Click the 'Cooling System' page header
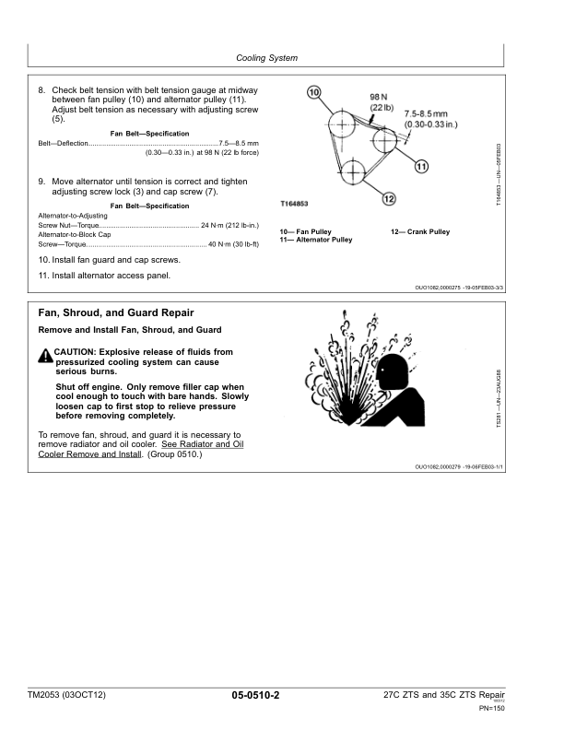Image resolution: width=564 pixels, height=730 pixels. pyautogui.click(x=266, y=58)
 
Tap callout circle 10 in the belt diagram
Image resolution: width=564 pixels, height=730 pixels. pyautogui.click(x=313, y=92)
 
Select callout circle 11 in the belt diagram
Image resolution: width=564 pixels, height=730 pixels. pyautogui.click(x=421, y=167)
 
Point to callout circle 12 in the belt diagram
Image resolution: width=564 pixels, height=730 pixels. pyautogui.click(x=388, y=198)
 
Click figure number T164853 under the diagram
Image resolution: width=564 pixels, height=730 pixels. pyautogui.click(x=294, y=203)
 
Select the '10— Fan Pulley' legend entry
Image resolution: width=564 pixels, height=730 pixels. pyautogui.click(x=306, y=231)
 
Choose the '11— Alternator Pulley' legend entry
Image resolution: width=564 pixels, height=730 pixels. pyautogui.click(x=316, y=240)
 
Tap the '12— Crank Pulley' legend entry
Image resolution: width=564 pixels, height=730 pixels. pyautogui.click(x=420, y=231)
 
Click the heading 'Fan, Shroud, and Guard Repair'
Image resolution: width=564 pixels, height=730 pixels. pyautogui.click(x=116, y=313)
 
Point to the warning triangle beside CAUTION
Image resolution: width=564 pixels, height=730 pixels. pyautogui.click(x=45, y=354)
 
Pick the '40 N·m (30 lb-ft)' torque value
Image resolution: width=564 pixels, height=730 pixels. pyautogui.click(x=233, y=244)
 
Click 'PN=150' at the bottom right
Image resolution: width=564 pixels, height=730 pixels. pyautogui.click(x=492, y=708)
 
